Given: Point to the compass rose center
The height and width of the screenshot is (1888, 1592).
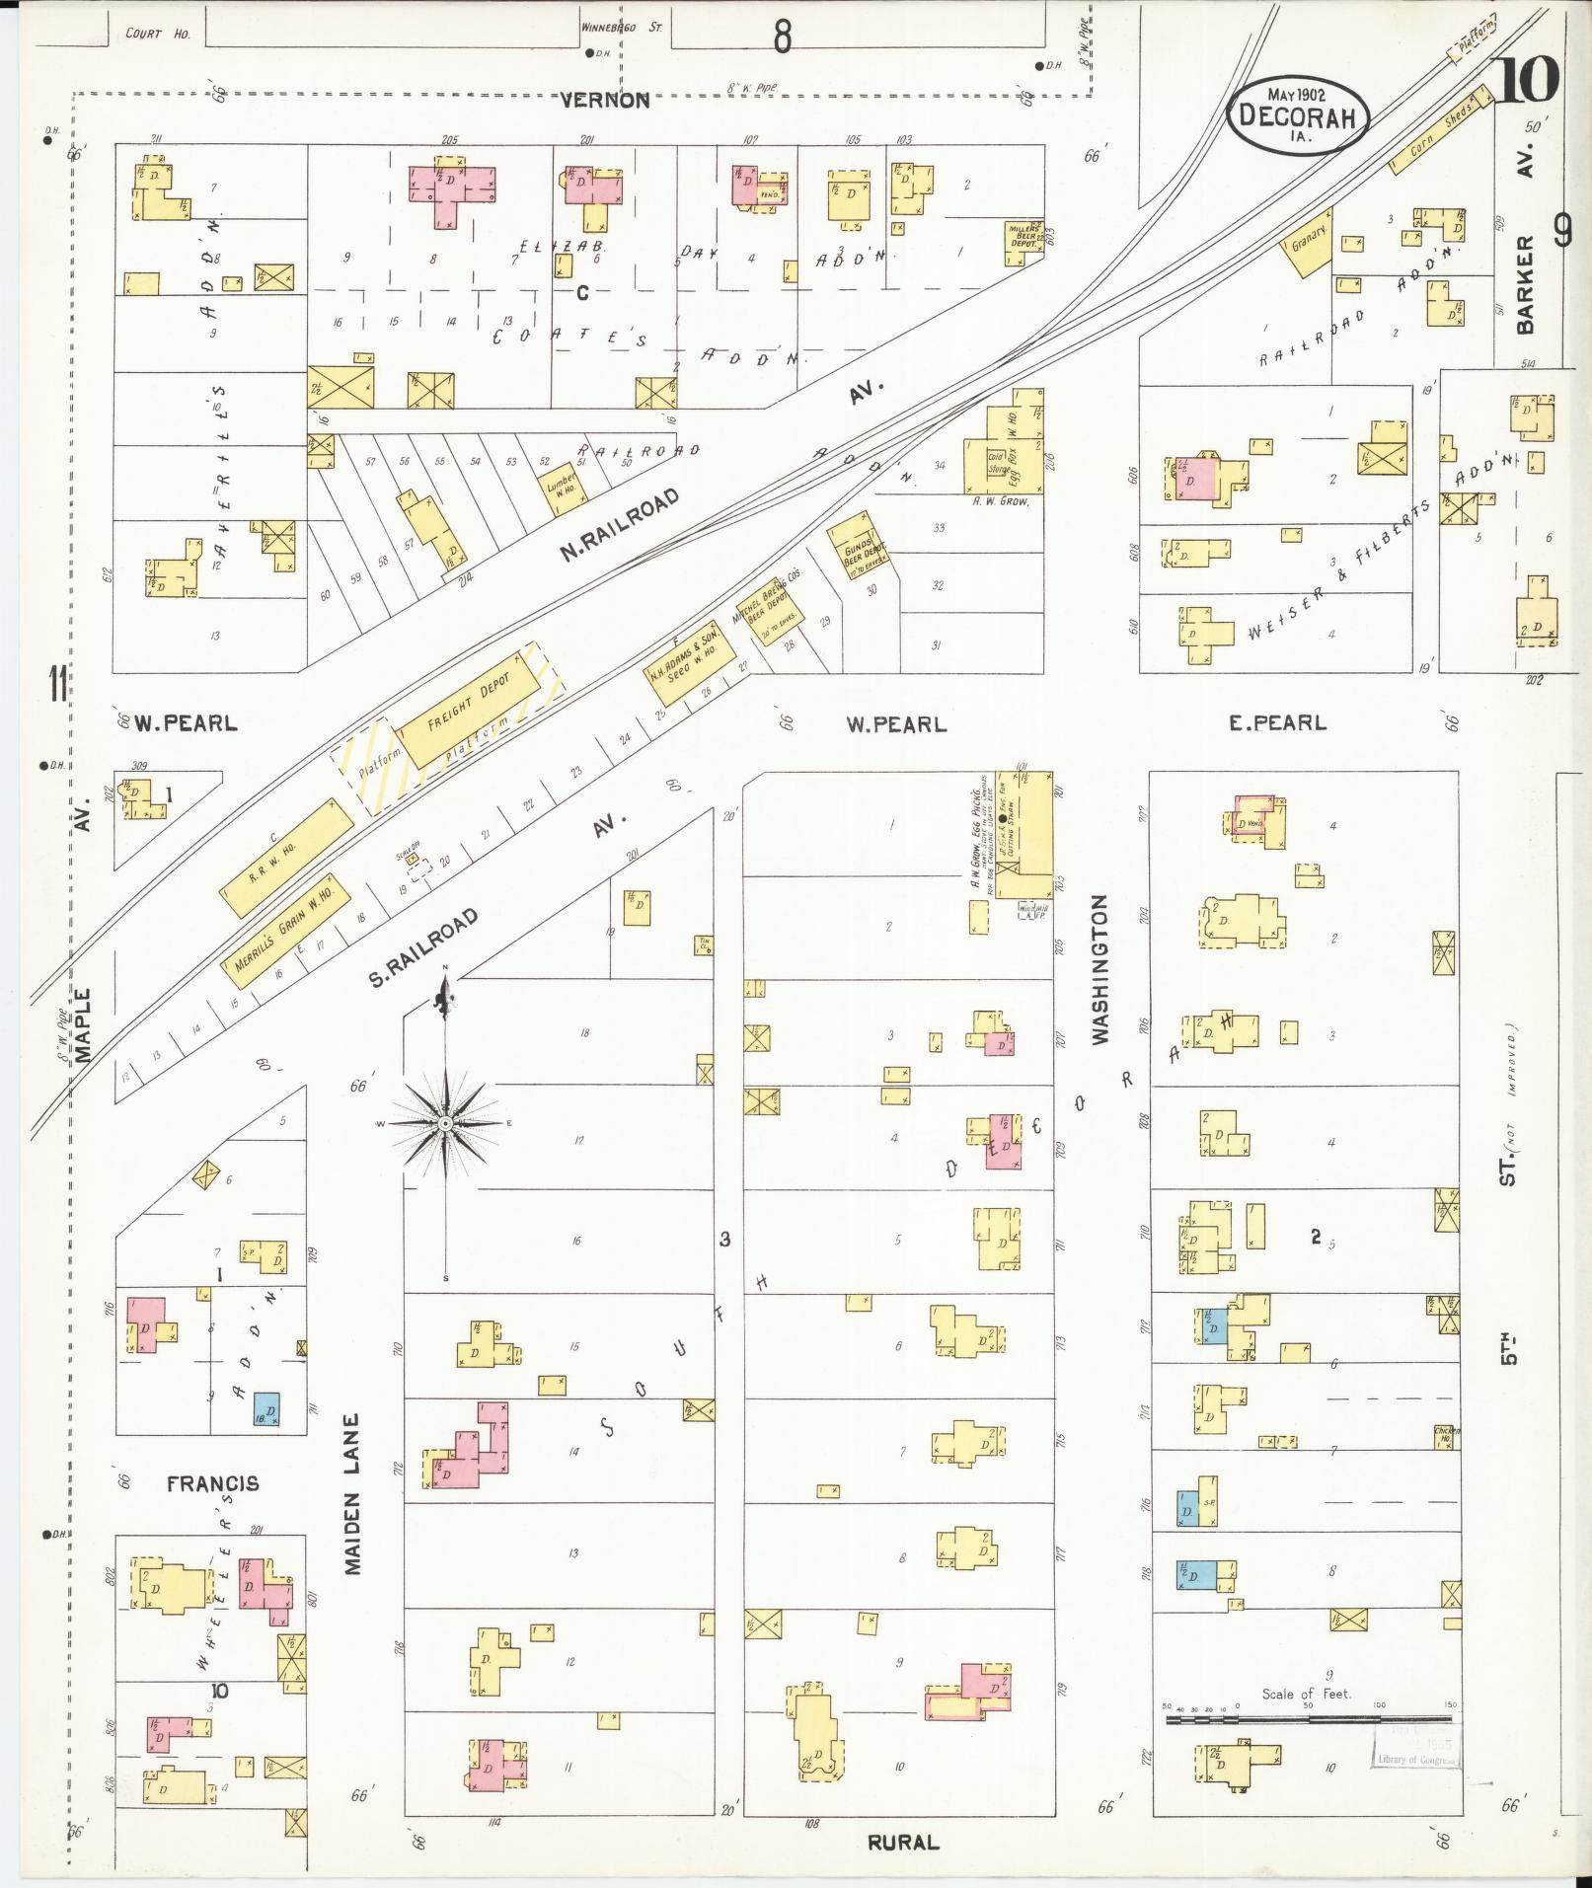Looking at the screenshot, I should [446, 1123].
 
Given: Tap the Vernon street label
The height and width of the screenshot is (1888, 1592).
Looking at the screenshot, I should [605, 100].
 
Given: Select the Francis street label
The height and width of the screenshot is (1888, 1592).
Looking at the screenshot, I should [212, 1483].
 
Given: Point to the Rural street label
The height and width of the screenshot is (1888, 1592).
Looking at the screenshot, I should [903, 1842].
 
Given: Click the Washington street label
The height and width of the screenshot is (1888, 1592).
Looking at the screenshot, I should [1100, 969].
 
